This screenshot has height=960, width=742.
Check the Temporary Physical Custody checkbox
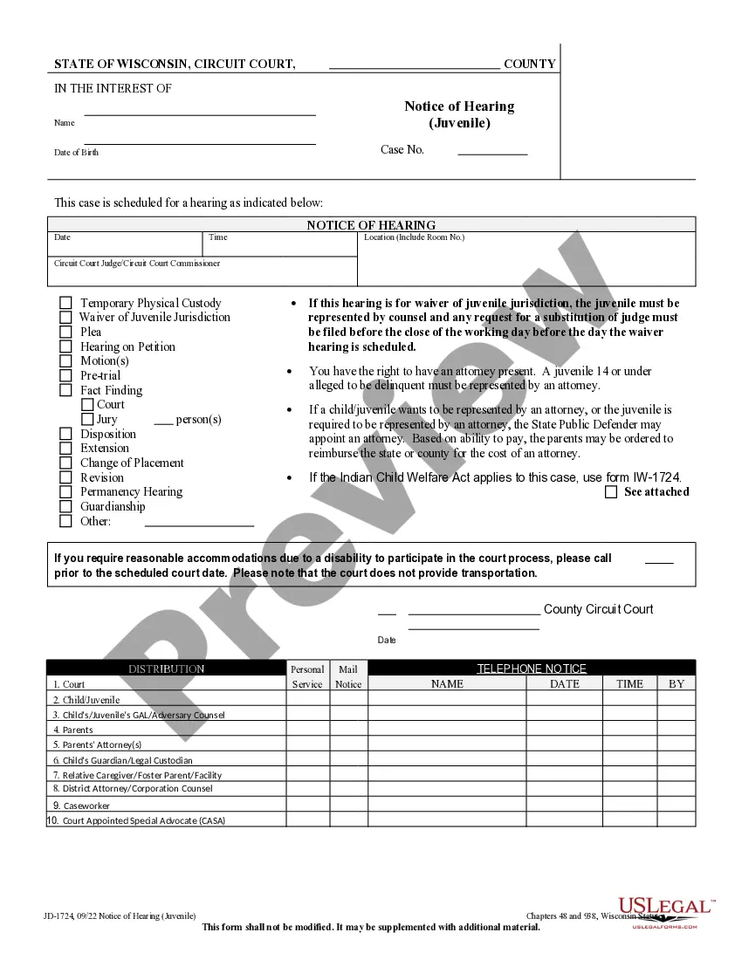pyautogui.click(x=65, y=303)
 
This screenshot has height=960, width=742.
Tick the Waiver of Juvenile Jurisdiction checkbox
pyautogui.click(x=65, y=318)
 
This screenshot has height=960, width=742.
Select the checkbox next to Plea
pyautogui.click(x=65, y=332)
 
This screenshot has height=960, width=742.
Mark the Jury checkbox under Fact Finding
pyautogui.click(x=87, y=420)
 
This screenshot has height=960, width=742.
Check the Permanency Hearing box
pyautogui.click(x=65, y=492)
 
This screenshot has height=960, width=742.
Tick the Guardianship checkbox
pyautogui.click(x=65, y=507)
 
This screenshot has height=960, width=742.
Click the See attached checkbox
pyautogui.click(x=611, y=492)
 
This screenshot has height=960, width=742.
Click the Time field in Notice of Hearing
pyautogui.click(x=281, y=247)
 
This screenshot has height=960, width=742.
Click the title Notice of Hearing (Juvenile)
pyautogui.click(x=459, y=114)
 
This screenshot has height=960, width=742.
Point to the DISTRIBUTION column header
pyautogui.click(x=166, y=669)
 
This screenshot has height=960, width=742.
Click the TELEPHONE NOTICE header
pyautogui.click(x=532, y=669)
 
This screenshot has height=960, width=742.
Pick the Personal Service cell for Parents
pyautogui.click(x=307, y=730)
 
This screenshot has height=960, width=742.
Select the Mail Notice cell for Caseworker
pyautogui.click(x=348, y=805)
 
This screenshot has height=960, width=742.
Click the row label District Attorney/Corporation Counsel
pyautogui.click(x=137, y=789)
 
